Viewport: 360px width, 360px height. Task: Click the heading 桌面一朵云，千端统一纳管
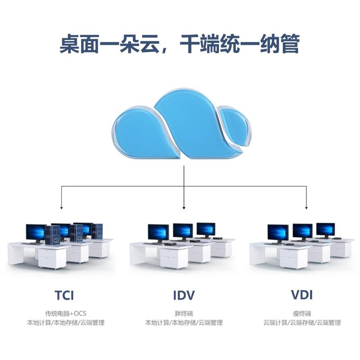point(180,45)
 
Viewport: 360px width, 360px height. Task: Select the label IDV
point(184,296)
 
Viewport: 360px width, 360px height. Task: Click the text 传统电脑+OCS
point(65,313)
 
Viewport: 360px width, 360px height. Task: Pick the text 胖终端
point(184,313)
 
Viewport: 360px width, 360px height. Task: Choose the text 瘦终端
point(302,313)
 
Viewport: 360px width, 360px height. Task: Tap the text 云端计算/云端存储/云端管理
point(302,323)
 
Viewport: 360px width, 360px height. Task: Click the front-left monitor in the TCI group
point(36,233)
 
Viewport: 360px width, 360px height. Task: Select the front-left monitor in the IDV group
point(158,233)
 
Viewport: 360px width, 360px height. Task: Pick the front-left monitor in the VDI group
point(278,233)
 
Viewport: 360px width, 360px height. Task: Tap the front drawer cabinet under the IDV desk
point(174,258)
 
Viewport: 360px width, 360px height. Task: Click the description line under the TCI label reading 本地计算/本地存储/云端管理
point(65,323)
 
